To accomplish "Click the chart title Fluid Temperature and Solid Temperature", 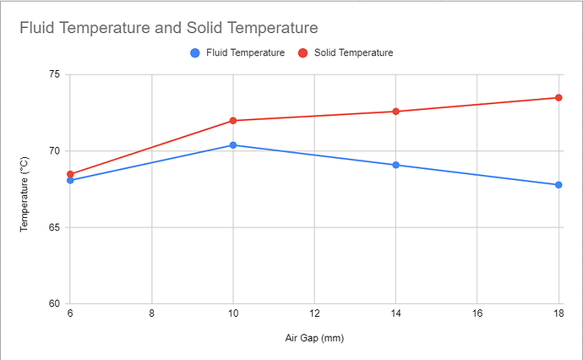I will [x=169, y=29].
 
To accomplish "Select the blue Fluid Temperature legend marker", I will [x=195, y=53].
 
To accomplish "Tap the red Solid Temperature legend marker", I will [x=302, y=53].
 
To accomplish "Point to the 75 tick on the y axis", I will [x=55, y=74].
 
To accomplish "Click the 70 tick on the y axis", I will [x=55, y=151].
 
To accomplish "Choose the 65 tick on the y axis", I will [x=55, y=228].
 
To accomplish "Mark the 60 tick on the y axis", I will [x=55, y=304].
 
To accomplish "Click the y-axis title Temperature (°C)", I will [x=25, y=190].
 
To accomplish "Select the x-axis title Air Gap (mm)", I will [x=314, y=337].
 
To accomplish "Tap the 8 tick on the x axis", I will [x=151, y=314].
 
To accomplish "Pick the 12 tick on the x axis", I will [x=314, y=314].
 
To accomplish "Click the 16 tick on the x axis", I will [x=477, y=314].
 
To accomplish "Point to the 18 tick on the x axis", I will [x=558, y=314].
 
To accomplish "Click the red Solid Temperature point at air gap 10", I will [x=233, y=121].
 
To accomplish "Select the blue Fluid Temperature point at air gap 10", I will [x=233, y=145].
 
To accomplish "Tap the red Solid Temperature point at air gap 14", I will [x=396, y=112].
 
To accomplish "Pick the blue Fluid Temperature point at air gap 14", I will [x=396, y=165].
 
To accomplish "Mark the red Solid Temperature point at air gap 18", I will [x=558, y=98].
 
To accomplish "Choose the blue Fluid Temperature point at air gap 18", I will [x=558, y=185].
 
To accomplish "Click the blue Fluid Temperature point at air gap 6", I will [x=70, y=180].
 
